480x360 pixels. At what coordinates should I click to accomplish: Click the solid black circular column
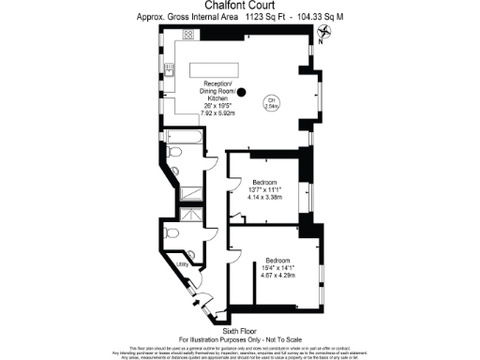click(241, 92)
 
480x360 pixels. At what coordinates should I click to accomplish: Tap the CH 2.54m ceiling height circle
click(271, 103)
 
